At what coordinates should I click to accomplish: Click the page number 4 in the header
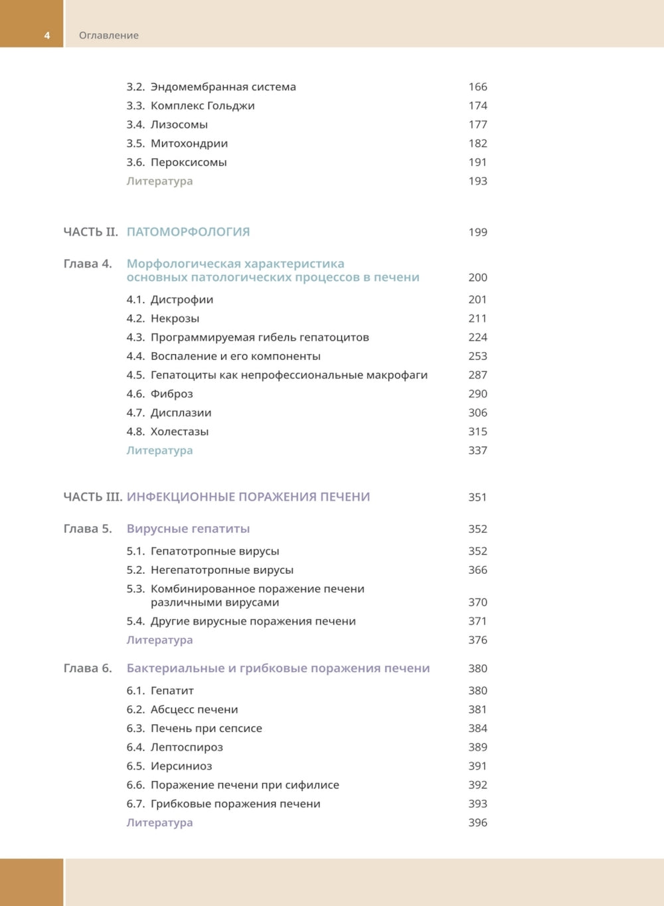pyautogui.click(x=47, y=35)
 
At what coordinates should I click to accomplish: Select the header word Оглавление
pyautogui.click(x=109, y=35)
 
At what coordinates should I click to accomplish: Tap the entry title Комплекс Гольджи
pyautogui.click(x=203, y=106)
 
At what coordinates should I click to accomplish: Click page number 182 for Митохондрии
pyautogui.click(x=477, y=143)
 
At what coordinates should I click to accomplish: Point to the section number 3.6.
pyautogui.click(x=135, y=162)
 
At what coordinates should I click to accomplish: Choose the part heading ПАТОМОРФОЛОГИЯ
pyautogui.click(x=188, y=232)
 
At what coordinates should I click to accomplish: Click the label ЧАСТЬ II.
pyautogui.click(x=90, y=232)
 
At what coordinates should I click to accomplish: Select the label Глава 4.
pyautogui.click(x=88, y=264)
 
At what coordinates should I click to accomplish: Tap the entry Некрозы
pyautogui.click(x=175, y=319)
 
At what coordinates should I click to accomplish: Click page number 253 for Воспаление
pyautogui.click(x=477, y=356)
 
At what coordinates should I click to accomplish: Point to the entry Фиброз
pyautogui.click(x=171, y=394)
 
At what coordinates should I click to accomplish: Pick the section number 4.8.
pyautogui.click(x=135, y=432)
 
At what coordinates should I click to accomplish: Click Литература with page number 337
pyautogui.click(x=159, y=450)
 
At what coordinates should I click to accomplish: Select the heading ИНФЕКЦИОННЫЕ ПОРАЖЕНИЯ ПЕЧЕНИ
pyautogui.click(x=248, y=497)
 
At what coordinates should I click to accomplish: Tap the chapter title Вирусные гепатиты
pyautogui.click(x=188, y=529)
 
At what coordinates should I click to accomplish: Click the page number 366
pyautogui.click(x=477, y=570)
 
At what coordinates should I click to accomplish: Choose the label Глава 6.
pyautogui.click(x=88, y=668)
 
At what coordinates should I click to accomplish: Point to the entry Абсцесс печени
pyautogui.click(x=194, y=709)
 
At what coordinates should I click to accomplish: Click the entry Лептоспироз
pyautogui.click(x=187, y=747)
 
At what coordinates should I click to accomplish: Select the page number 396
pyautogui.click(x=477, y=822)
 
